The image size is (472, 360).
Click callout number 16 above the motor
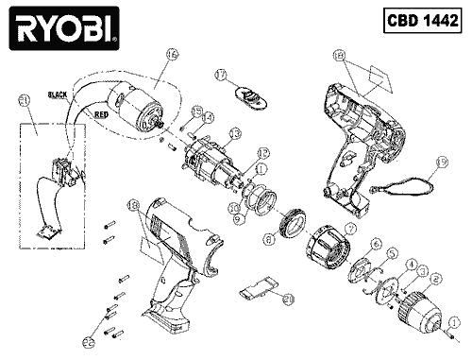[x=171, y=57]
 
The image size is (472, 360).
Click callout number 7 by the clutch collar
[x=350, y=228]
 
